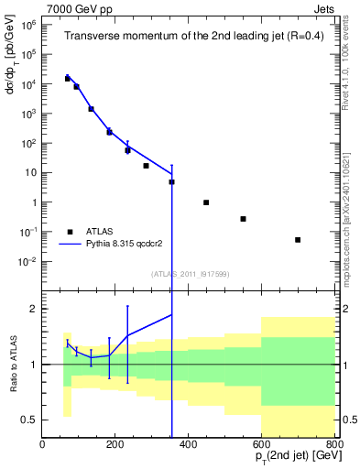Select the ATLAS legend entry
(89, 232)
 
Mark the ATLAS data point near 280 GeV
(146, 166)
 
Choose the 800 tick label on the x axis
(333, 444)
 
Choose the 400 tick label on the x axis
(188, 444)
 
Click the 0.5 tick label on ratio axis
(29, 420)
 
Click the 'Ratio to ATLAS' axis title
(12, 364)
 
